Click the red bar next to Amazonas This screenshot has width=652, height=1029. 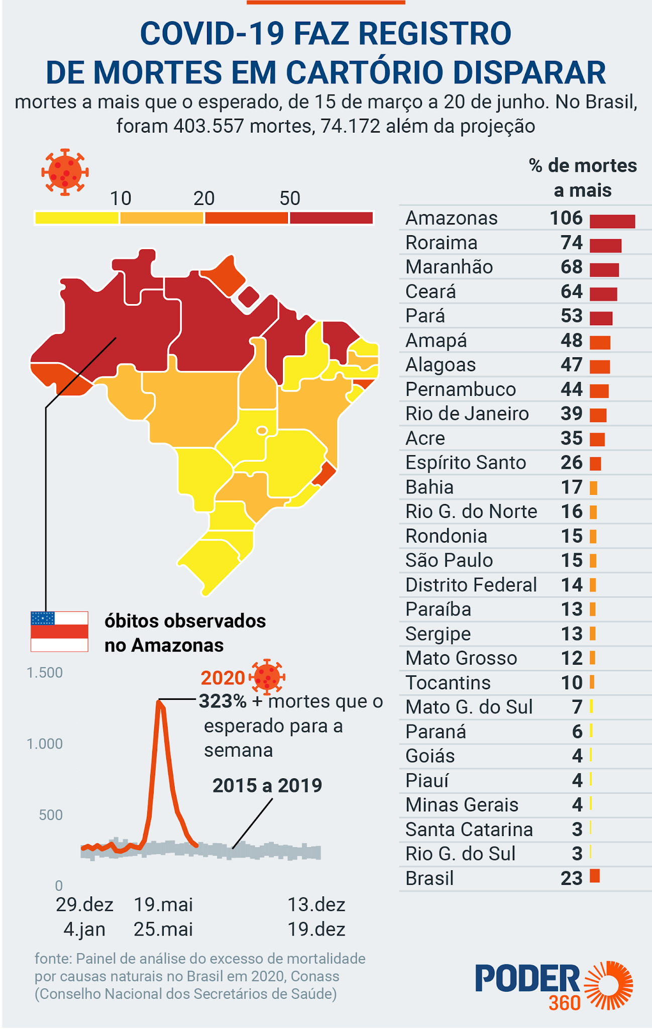point(612,221)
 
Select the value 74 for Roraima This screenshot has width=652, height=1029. point(572,243)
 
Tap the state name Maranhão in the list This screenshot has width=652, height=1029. point(449,267)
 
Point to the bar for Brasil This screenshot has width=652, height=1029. point(595,876)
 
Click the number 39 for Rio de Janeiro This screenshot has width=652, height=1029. point(572,414)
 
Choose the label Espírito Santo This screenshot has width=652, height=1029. point(466,462)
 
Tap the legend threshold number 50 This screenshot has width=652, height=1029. point(290,198)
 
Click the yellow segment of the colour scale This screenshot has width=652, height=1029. point(77,218)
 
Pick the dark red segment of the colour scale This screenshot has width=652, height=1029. point(332,218)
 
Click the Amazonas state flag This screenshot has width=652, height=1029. point(59,632)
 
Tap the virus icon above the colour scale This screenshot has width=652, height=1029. point(65,172)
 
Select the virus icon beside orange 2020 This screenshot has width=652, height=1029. point(267,677)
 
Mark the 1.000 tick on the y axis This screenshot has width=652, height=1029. point(45,744)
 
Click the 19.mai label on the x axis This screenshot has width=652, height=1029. point(163,904)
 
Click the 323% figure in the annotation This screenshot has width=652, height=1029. point(223,701)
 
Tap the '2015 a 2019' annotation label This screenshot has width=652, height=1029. point(267,785)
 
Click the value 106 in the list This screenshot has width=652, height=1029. point(566,218)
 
